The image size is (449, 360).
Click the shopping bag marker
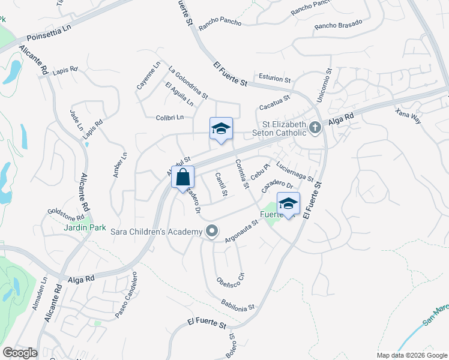pyautogui.click(x=182, y=178)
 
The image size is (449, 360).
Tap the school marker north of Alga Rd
pyautogui.click(x=221, y=129)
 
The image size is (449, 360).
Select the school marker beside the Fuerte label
pyautogui.click(x=288, y=204)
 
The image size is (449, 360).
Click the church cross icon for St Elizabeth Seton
pyautogui.click(x=314, y=127)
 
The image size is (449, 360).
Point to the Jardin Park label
pyautogui.click(x=85, y=227)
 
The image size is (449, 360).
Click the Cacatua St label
pyautogui.click(x=274, y=102)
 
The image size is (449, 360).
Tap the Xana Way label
pyautogui.click(x=409, y=116)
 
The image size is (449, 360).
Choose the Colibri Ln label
pyautogui.click(x=169, y=118)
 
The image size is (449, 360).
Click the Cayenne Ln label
pyautogui.click(x=149, y=76)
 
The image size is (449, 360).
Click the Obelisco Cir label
pyautogui.click(x=231, y=282)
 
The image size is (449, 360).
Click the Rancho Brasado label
pyautogui.click(x=339, y=25)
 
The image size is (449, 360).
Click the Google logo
pyautogui.click(x=20, y=352)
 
